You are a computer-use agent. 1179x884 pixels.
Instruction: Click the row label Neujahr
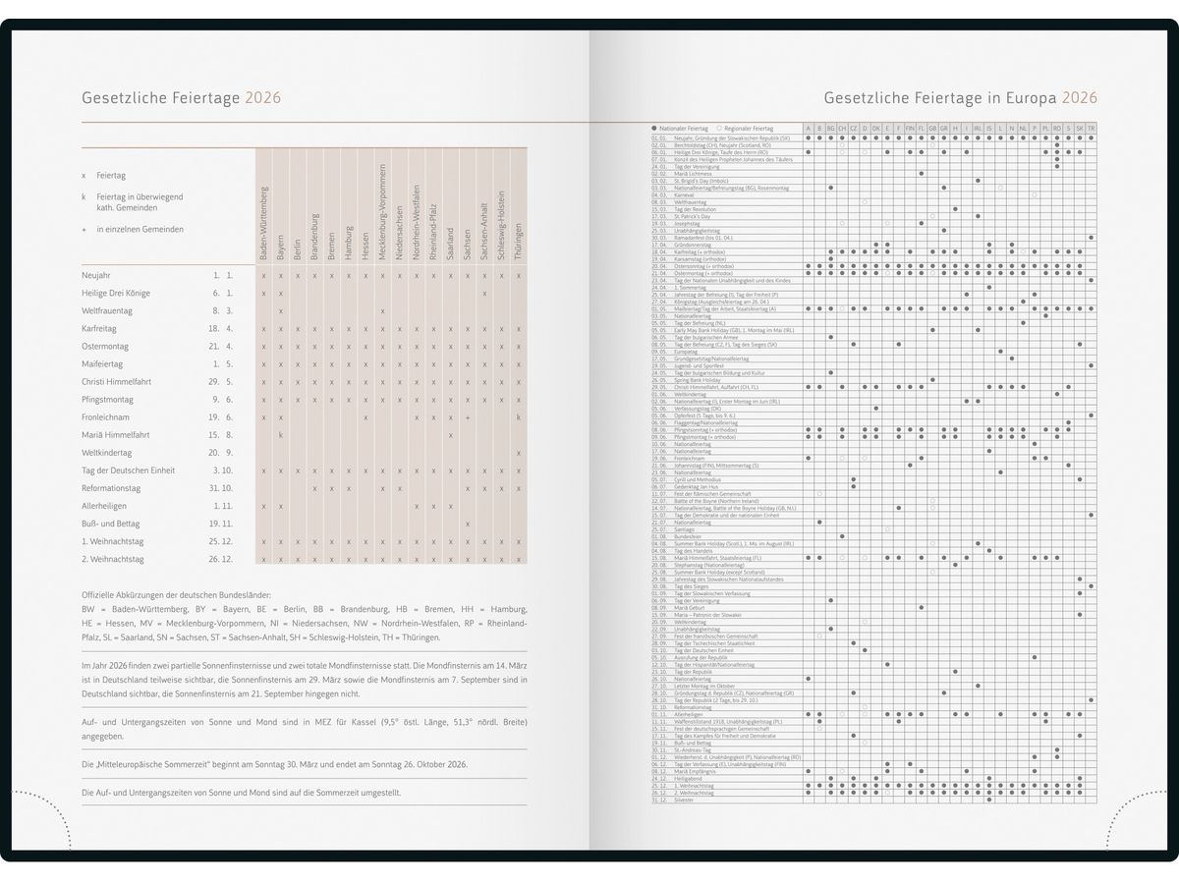(x=96, y=275)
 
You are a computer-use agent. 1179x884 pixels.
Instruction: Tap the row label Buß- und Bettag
(x=111, y=524)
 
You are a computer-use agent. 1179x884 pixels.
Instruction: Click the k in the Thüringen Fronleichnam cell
(x=518, y=417)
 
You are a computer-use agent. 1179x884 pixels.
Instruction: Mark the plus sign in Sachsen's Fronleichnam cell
(x=467, y=417)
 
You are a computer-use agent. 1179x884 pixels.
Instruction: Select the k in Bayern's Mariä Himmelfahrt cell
(x=281, y=435)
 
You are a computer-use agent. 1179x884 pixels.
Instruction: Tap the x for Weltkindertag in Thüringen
(x=518, y=453)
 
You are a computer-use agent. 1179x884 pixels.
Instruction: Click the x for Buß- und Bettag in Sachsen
(x=467, y=524)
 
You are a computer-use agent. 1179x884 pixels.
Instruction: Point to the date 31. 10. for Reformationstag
(x=220, y=488)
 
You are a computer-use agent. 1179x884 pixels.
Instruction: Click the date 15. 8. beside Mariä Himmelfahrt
(x=220, y=435)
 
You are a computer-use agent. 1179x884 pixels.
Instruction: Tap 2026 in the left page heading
(x=263, y=97)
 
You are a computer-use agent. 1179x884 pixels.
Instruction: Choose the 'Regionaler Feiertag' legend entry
(x=749, y=129)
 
